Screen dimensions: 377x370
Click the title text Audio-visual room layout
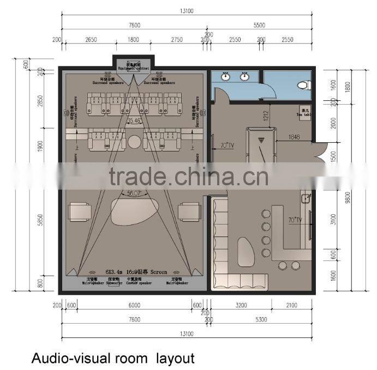(x=112, y=358)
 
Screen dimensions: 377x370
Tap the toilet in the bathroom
(x=303, y=85)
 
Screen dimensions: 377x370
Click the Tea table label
(x=304, y=111)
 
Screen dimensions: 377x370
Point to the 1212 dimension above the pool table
(x=265, y=116)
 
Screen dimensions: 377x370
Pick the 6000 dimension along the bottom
(x=134, y=305)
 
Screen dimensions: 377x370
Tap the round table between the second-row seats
(x=134, y=142)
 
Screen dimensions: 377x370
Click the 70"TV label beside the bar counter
(x=295, y=220)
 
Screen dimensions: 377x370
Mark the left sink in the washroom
(x=225, y=76)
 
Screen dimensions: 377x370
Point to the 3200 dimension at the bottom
(x=242, y=305)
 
